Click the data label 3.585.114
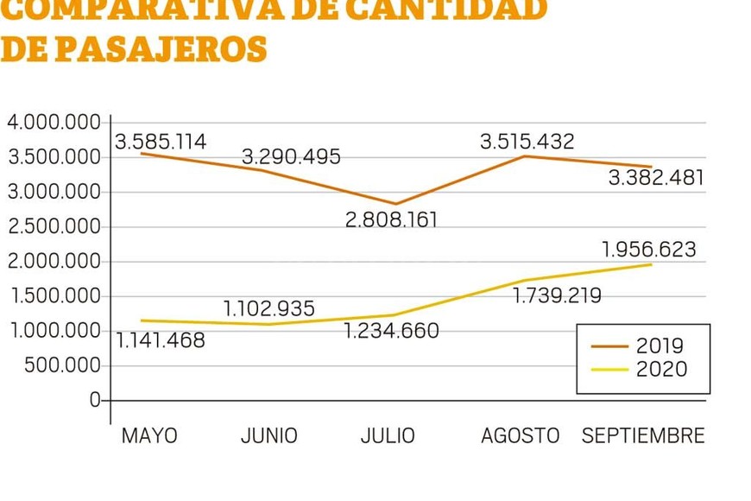click(161, 143)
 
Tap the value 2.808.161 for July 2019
click(391, 220)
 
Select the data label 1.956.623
click(648, 250)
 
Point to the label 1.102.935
click(269, 308)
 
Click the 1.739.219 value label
click(557, 296)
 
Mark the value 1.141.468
click(161, 341)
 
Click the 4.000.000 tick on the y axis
click(54, 123)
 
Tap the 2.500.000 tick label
click(54, 227)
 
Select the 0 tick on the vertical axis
click(95, 401)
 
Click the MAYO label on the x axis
click(149, 435)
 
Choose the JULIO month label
click(388, 435)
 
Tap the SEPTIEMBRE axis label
click(643, 435)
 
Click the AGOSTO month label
click(521, 435)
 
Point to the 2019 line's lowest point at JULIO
click(396, 204)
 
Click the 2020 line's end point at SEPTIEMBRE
click(651, 263)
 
